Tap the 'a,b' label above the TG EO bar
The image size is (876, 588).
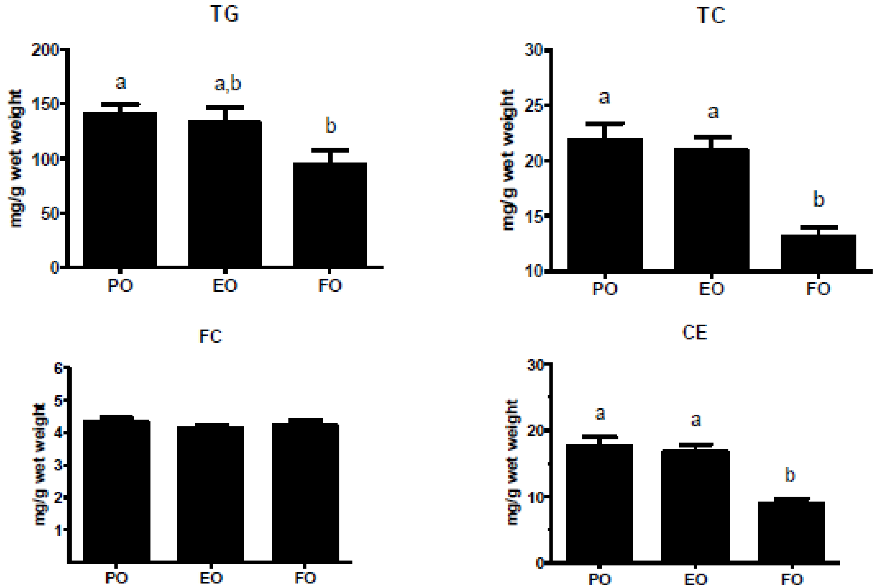pyautogui.click(x=227, y=84)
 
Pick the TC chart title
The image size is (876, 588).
pyautogui.click(x=711, y=16)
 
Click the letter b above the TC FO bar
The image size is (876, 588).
pyautogui.click(x=818, y=200)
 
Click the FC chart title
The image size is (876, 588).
pyautogui.click(x=210, y=336)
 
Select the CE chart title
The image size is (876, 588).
pyautogui.click(x=695, y=332)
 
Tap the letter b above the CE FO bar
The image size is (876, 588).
pyautogui.click(x=790, y=475)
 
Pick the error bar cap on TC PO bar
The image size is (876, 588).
pyautogui.click(x=605, y=123)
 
